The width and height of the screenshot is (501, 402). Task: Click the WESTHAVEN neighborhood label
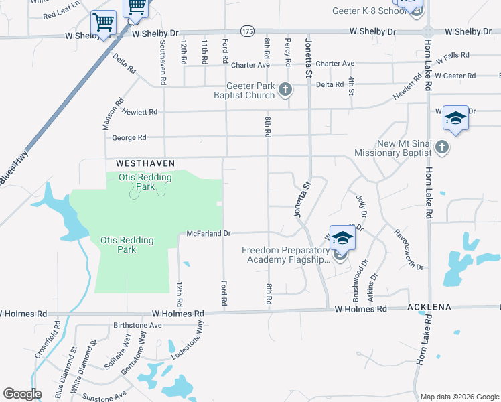(x=145, y=163)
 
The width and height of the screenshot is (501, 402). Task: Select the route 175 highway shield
(x=247, y=31)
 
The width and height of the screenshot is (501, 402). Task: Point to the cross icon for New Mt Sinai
(x=442, y=147)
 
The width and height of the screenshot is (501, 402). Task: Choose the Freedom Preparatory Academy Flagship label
(x=286, y=255)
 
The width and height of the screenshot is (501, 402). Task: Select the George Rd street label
(x=129, y=138)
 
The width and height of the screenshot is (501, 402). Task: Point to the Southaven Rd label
(x=161, y=58)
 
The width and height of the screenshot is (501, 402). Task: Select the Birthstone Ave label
(x=138, y=325)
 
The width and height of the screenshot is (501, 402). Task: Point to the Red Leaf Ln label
(x=60, y=15)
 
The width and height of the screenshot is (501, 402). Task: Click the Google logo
(x=22, y=394)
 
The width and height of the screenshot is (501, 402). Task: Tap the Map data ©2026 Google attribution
(x=459, y=397)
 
